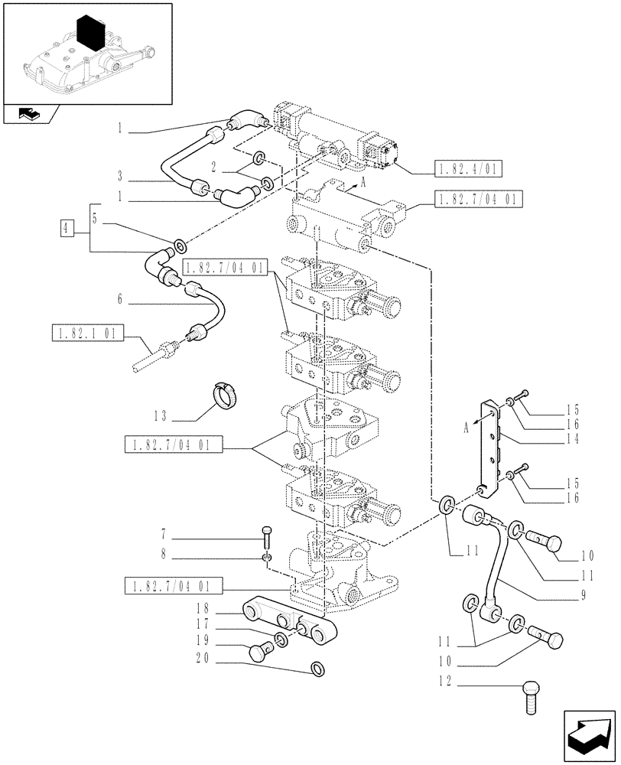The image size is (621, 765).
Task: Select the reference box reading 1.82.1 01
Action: pos(85,334)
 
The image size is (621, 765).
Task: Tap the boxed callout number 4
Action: pos(67,227)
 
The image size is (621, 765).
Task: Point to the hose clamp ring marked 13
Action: pos(224,396)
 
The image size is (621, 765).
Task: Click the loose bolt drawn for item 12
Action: pos(532,696)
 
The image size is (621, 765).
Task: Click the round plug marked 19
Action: pos(260,652)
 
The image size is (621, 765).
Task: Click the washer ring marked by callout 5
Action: pos(180,246)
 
